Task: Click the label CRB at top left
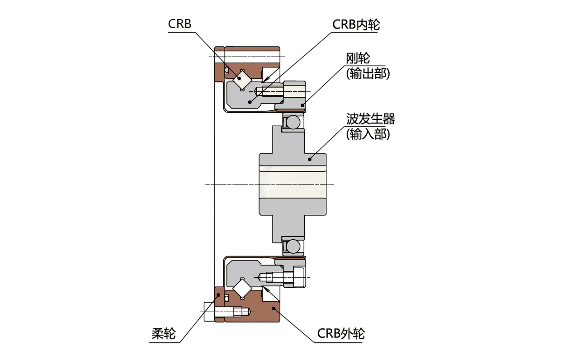pyautogui.click(x=179, y=24)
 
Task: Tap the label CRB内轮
pyautogui.click(x=356, y=24)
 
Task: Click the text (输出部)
pyautogui.click(x=367, y=74)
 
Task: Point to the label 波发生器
pyautogui.click(x=370, y=119)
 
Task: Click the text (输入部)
pyautogui.click(x=367, y=134)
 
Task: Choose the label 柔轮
pyautogui.click(x=163, y=334)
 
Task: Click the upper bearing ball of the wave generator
pyautogui.click(x=292, y=123)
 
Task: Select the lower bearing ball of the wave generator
pyautogui.click(x=292, y=246)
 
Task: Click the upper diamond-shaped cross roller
pyautogui.click(x=242, y=80)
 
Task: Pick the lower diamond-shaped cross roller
pyautogui.click(x=242, y=288)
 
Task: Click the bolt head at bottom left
pyautogui.click(x=209, y=312)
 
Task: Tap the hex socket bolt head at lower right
pyautogui.click(x=299, y=276)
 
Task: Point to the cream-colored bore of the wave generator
pyautogui.click(x=292, y=184)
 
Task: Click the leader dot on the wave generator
pyautogui.click(x=310, y=159)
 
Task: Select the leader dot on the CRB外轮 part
pyautogui.click(x=274, y=308)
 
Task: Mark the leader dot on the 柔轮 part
pyautogui.click(x=219, y=295)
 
